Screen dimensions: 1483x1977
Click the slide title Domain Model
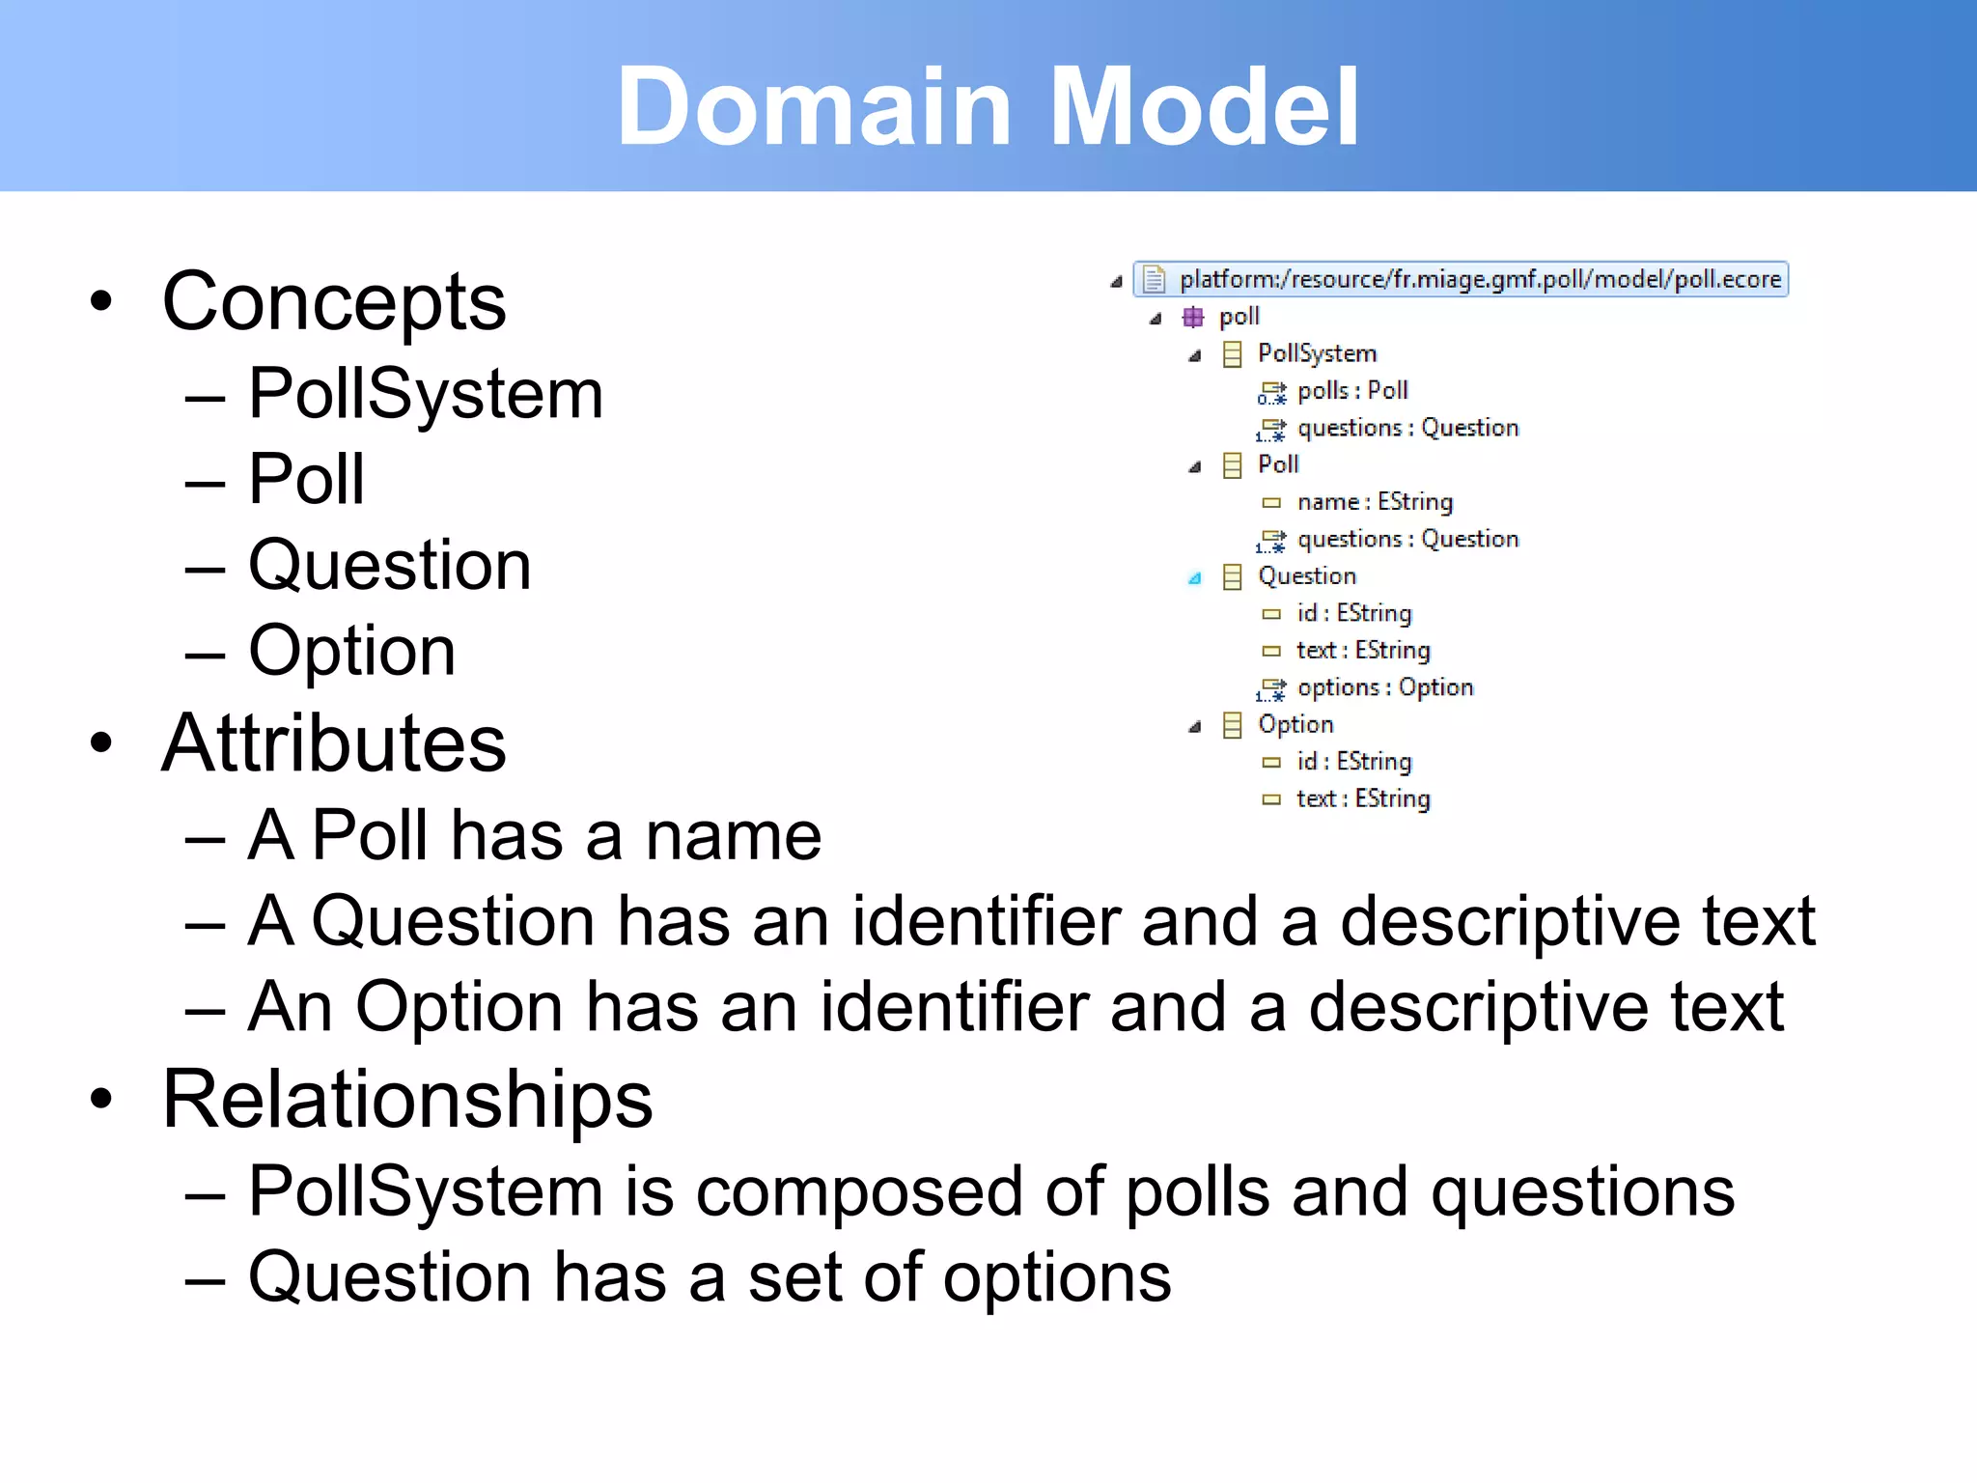click(988, 106)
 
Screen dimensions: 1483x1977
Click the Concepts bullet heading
click(333, 302)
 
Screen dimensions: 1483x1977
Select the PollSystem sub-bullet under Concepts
click(425, 394)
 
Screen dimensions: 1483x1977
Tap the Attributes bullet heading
click(333, 743)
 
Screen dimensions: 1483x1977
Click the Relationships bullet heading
click(406, 1100)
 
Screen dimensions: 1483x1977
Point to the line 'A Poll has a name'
click(534, 835)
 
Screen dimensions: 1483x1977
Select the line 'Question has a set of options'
click(710, 1277)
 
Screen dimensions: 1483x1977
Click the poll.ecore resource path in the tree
click(1479, 279)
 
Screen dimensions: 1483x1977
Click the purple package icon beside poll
click(1193, 317)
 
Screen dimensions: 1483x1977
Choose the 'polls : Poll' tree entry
click(1351, 391)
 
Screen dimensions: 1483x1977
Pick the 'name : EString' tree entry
click(1374, 502)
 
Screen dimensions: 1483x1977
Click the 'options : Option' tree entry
click(1384, 687)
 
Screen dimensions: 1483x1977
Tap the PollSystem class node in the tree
click(1316, 353)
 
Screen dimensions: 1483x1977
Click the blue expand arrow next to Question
click(1195, 578)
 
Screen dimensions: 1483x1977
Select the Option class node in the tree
click(1295, 724)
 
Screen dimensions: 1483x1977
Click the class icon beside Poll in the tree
click(1232, 465)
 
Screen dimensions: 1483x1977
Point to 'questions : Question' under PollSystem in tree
click(1406, 428)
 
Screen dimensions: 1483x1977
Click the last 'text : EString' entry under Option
click(1362, 798)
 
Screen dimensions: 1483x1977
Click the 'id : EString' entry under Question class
click(1353, 613)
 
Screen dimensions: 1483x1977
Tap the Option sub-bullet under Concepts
click(351, 651)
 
